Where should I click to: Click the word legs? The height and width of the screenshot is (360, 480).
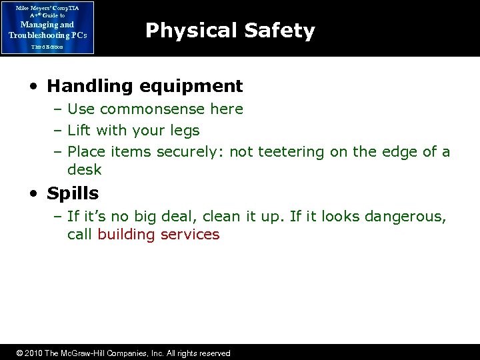coord(185,131)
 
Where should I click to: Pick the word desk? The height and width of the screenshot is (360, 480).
coord(85,169)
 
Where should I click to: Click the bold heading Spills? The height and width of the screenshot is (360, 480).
coord(73,194)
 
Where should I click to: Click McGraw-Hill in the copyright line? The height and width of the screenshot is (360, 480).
coord(86,353)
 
